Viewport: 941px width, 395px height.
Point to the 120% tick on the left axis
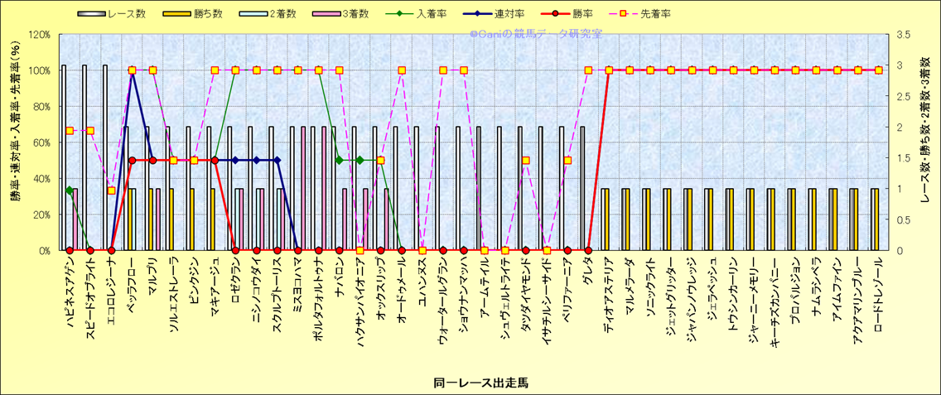click(39, 35)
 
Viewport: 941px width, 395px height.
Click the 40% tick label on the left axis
click(41, 178)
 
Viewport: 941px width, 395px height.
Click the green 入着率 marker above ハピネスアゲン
click(70, 190)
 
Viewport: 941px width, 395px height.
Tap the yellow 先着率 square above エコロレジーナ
click(111, 190)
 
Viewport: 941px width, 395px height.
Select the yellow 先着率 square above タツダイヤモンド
click(526, 161)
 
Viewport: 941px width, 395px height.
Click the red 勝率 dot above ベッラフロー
click(132, 161)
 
